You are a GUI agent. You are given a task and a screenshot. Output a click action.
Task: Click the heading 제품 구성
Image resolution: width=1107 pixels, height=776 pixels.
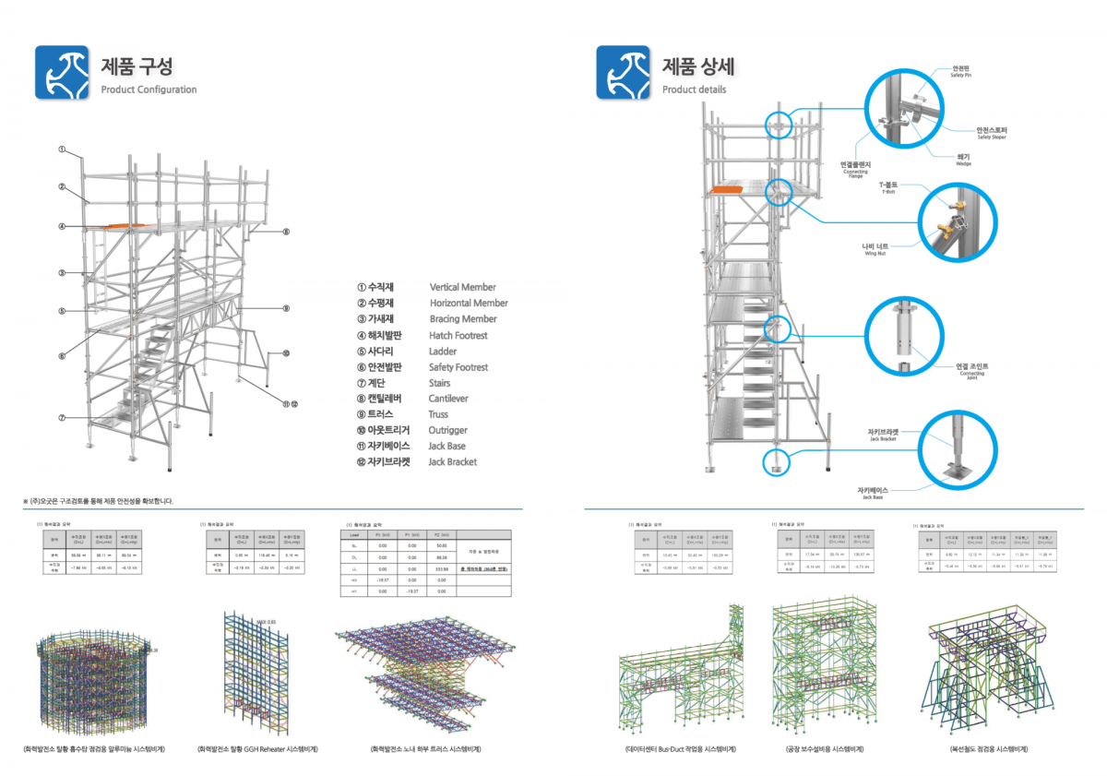point(137,66)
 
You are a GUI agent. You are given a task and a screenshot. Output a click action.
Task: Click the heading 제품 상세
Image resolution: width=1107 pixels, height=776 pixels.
point(697,66)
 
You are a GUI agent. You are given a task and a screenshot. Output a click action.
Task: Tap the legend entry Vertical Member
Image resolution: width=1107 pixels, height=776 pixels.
point(462,287)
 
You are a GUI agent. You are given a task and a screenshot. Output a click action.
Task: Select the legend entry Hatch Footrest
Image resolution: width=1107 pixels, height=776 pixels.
point(458,336)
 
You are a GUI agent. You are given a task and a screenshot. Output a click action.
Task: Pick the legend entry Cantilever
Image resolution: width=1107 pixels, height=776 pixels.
point(448,399)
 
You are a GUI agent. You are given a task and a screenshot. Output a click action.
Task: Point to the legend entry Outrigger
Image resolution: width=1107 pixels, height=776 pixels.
point(448,430)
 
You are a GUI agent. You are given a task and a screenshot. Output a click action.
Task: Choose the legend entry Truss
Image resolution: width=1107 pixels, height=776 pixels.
point(439,414)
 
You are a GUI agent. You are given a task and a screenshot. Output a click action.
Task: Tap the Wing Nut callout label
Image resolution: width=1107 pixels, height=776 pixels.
point(874,249)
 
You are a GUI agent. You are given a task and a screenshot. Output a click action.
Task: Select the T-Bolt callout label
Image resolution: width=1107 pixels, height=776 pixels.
point(888,187)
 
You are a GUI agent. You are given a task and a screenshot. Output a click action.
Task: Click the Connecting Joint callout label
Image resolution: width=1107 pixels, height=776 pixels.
point(971,369)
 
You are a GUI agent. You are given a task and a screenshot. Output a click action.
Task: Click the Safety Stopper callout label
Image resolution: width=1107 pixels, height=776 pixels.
point(992,133)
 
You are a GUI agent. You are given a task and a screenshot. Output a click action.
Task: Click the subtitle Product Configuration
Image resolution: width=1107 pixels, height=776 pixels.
point(149,90)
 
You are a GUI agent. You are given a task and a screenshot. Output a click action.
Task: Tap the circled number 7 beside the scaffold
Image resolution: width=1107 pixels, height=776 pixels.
point(62,418)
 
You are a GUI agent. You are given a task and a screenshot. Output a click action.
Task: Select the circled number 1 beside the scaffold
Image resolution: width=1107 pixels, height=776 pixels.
point(62,149)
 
